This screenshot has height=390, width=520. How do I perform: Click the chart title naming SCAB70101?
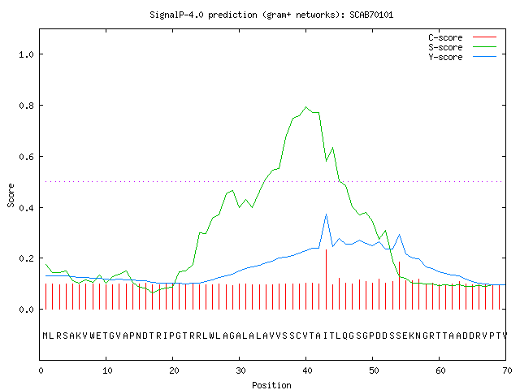pyautogui.click(x=271, y=15)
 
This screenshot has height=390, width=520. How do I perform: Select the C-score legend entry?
pyautogui.click(x=462, y=37)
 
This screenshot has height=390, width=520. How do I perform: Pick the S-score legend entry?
pyautogui.click(x=462, y=47)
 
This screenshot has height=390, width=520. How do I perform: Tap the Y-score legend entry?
pyautogui.click(x=462, y=57)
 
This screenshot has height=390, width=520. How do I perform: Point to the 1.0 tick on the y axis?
pyautogui.click(x=27, y=54)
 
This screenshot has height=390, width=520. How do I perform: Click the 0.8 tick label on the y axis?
pyautogui.click(x=27, y=106)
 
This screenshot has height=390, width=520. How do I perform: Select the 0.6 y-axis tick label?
pyautogui.click(x=27, y=157)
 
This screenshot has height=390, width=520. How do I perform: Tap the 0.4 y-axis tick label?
pyautogui.click(x=27, y=208)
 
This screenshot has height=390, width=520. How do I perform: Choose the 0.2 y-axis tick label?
pyautogui.click(x=27, y=258)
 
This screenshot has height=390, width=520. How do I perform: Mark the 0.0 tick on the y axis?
pyautogui.click(x=27, y=310)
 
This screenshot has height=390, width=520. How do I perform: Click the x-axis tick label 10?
pyautogui.click(x=107, y=370)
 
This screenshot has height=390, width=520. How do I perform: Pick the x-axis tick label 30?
pyautogui.click(x=240, y=370)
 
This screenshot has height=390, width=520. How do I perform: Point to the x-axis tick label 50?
pyautogui.click(x=374, y=370)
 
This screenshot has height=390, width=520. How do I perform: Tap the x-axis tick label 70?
pyautogui.click(x=507, y=370)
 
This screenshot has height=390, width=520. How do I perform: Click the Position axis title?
pyautogui.click(x=271, y=385)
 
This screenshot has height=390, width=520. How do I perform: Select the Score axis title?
pyautogui.click(x=11, y=195)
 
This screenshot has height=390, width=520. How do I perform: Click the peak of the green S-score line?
pyautogui.click(x=305, y=106)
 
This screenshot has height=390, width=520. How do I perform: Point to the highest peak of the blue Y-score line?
pyautogui.click(x=327, y=214)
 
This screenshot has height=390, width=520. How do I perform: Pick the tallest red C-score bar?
pyautogui.click(x=327, y=279)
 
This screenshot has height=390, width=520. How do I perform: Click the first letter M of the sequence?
pyautogui.click(x=45, y=336)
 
